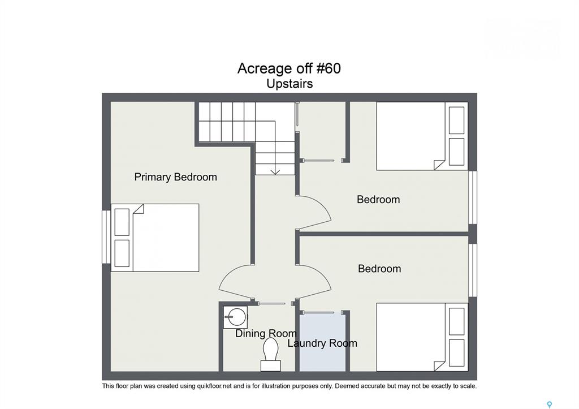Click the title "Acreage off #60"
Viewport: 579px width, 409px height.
289,68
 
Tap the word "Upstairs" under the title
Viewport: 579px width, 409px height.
289,84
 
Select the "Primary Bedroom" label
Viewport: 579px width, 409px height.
175,177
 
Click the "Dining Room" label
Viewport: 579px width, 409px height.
266,333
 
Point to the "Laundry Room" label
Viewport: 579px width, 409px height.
322,343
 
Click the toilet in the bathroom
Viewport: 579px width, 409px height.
271,354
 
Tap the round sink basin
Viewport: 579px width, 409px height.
236,317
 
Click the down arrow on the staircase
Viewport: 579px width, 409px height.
275,171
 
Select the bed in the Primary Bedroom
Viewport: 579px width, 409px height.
155,238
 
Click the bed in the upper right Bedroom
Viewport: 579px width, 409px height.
422,136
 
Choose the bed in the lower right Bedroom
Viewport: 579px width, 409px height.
422,337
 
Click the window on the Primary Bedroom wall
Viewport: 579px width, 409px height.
106,237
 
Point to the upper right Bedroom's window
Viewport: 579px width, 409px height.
473,197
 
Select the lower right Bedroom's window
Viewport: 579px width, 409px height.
473,270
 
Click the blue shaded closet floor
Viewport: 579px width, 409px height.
322,342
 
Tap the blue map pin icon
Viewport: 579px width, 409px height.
550,404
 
